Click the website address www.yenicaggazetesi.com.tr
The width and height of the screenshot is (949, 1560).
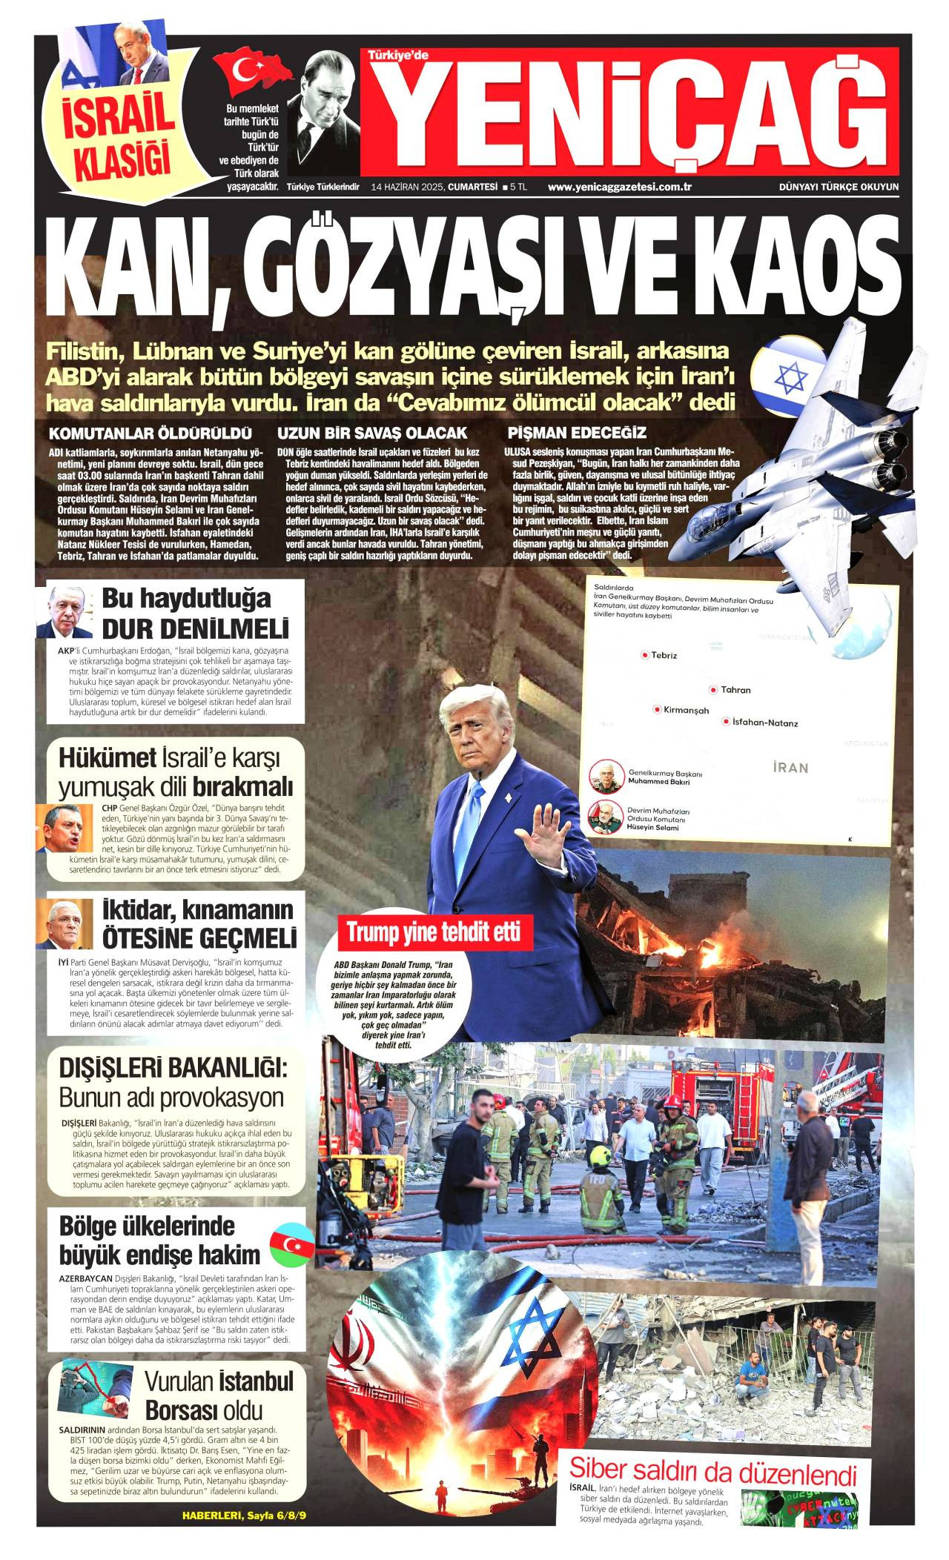619,187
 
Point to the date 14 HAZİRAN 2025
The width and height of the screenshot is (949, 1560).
408,187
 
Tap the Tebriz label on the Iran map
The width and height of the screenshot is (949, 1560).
664,655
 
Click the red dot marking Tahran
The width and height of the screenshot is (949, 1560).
712,690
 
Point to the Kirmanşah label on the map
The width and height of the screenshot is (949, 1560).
686,710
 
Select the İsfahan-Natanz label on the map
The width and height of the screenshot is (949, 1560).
764,723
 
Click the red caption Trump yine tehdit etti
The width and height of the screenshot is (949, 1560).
434,932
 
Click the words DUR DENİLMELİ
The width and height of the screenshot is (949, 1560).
195,629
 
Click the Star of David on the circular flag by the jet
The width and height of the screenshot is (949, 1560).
790,378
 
